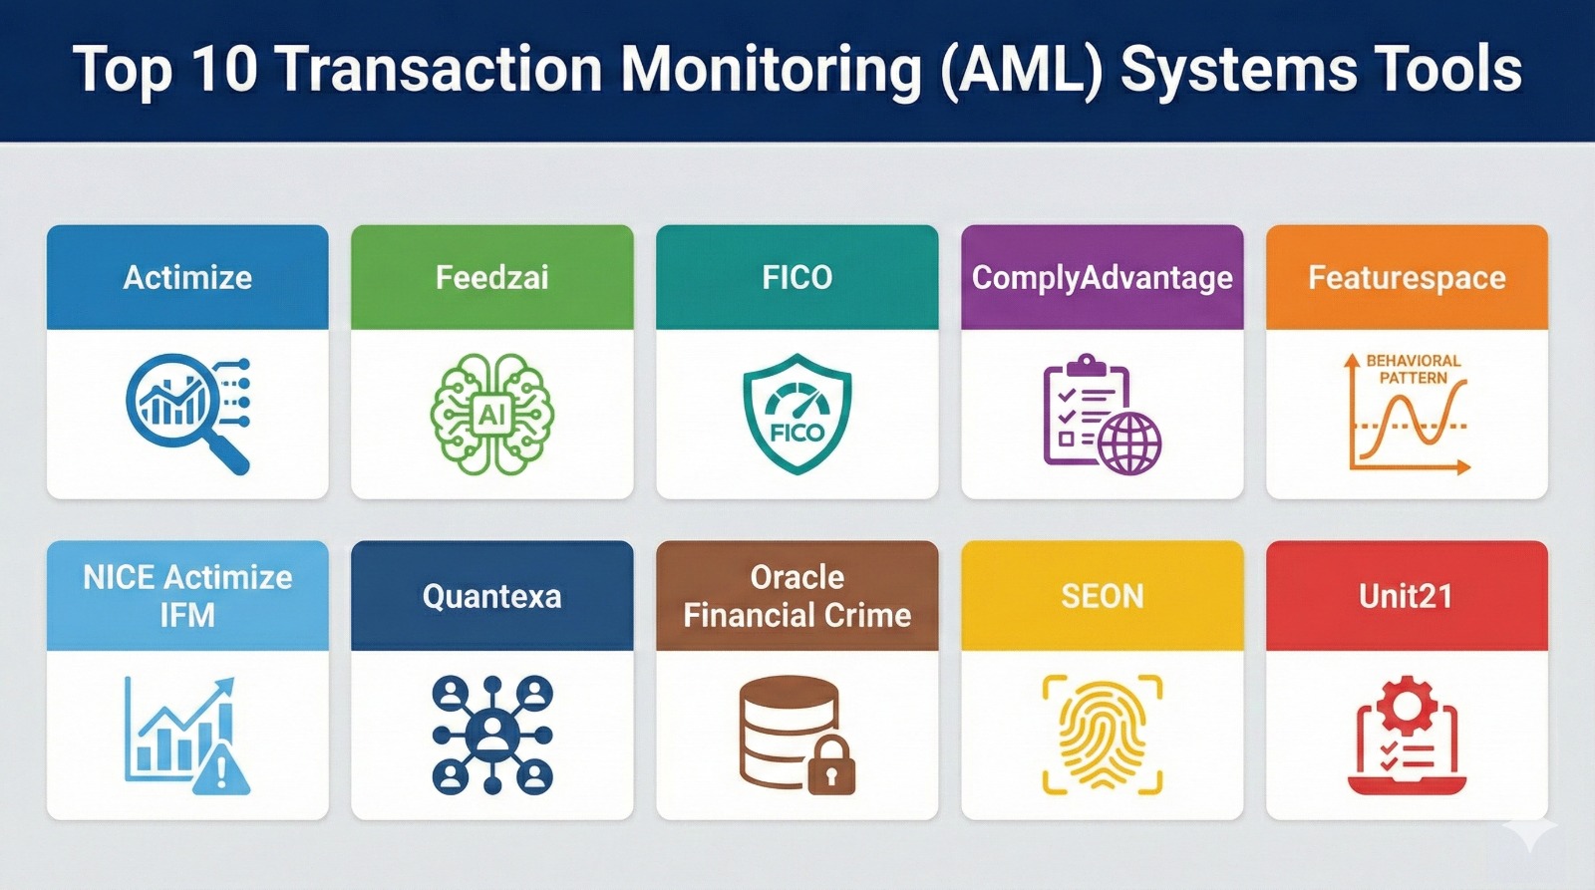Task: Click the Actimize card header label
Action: (x=187, y=277)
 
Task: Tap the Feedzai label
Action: (x=491, y=277)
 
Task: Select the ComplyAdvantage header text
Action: (x=1102, y=277)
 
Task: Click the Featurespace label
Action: (x=1407, y=277)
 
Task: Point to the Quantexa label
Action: (x=491, y=596)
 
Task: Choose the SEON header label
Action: (x=1102, y=596)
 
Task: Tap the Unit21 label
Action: (x=1407, y=596)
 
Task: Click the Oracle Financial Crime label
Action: (x=797, y=596)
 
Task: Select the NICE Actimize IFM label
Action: (x=187, y=596)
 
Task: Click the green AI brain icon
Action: (x=491, y=414)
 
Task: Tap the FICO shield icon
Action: (x=797, y=414)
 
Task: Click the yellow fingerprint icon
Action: (x=1102, y=735)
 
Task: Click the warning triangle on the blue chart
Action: (x=221, y=769)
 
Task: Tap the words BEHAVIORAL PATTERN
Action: (x=1413, y=369)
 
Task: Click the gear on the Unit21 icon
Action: (x=1407, y=704)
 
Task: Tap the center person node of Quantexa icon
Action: (x=491, y=735)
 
